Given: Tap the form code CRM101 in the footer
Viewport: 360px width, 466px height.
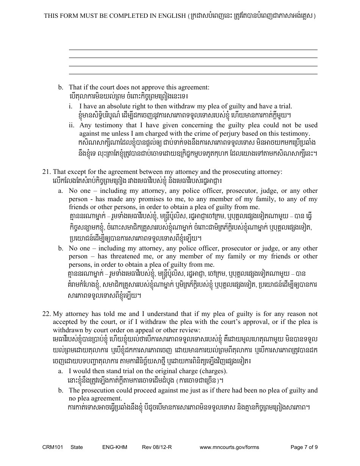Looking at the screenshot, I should tap(53, 447).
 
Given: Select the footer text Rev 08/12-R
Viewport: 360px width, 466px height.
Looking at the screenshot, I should tap(157, 447).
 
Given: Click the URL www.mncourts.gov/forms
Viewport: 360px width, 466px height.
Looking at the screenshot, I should tap(229, 447).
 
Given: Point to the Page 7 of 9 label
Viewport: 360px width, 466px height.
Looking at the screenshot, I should tap(304, 447).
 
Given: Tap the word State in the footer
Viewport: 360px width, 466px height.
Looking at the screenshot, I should tap(77, 447).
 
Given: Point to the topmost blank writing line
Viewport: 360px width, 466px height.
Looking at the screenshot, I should tap(193, 50).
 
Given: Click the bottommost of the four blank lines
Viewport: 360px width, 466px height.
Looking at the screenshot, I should tap(193, 74).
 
